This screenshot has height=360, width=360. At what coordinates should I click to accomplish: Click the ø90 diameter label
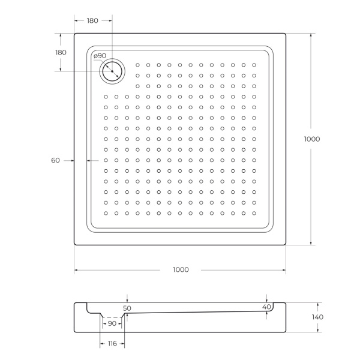pos(100,56)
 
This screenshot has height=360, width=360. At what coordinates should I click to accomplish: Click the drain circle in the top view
pos(112,73)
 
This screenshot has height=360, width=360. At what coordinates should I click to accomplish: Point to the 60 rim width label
pos(55,160)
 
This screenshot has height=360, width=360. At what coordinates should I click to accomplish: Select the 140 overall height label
pos(317,317)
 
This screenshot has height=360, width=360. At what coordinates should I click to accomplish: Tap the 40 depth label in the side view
pos(266,307)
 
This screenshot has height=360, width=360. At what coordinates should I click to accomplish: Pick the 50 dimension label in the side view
pos(127,308)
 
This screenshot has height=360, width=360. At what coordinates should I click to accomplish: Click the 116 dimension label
pos(112,343)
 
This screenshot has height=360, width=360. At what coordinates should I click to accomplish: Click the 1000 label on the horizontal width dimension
pos(180,269)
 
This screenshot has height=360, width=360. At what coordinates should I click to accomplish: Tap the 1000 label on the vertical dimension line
pos(312,139)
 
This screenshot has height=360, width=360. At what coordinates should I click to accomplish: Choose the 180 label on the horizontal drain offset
pos(92,21)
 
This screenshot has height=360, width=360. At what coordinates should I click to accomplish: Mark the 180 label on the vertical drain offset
pos(61,52)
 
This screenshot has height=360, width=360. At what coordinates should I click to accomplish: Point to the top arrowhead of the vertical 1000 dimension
pos(311,35)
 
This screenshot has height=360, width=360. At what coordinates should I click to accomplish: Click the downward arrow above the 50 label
pos(127,300)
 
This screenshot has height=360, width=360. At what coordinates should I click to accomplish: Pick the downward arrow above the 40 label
pos(266,299)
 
